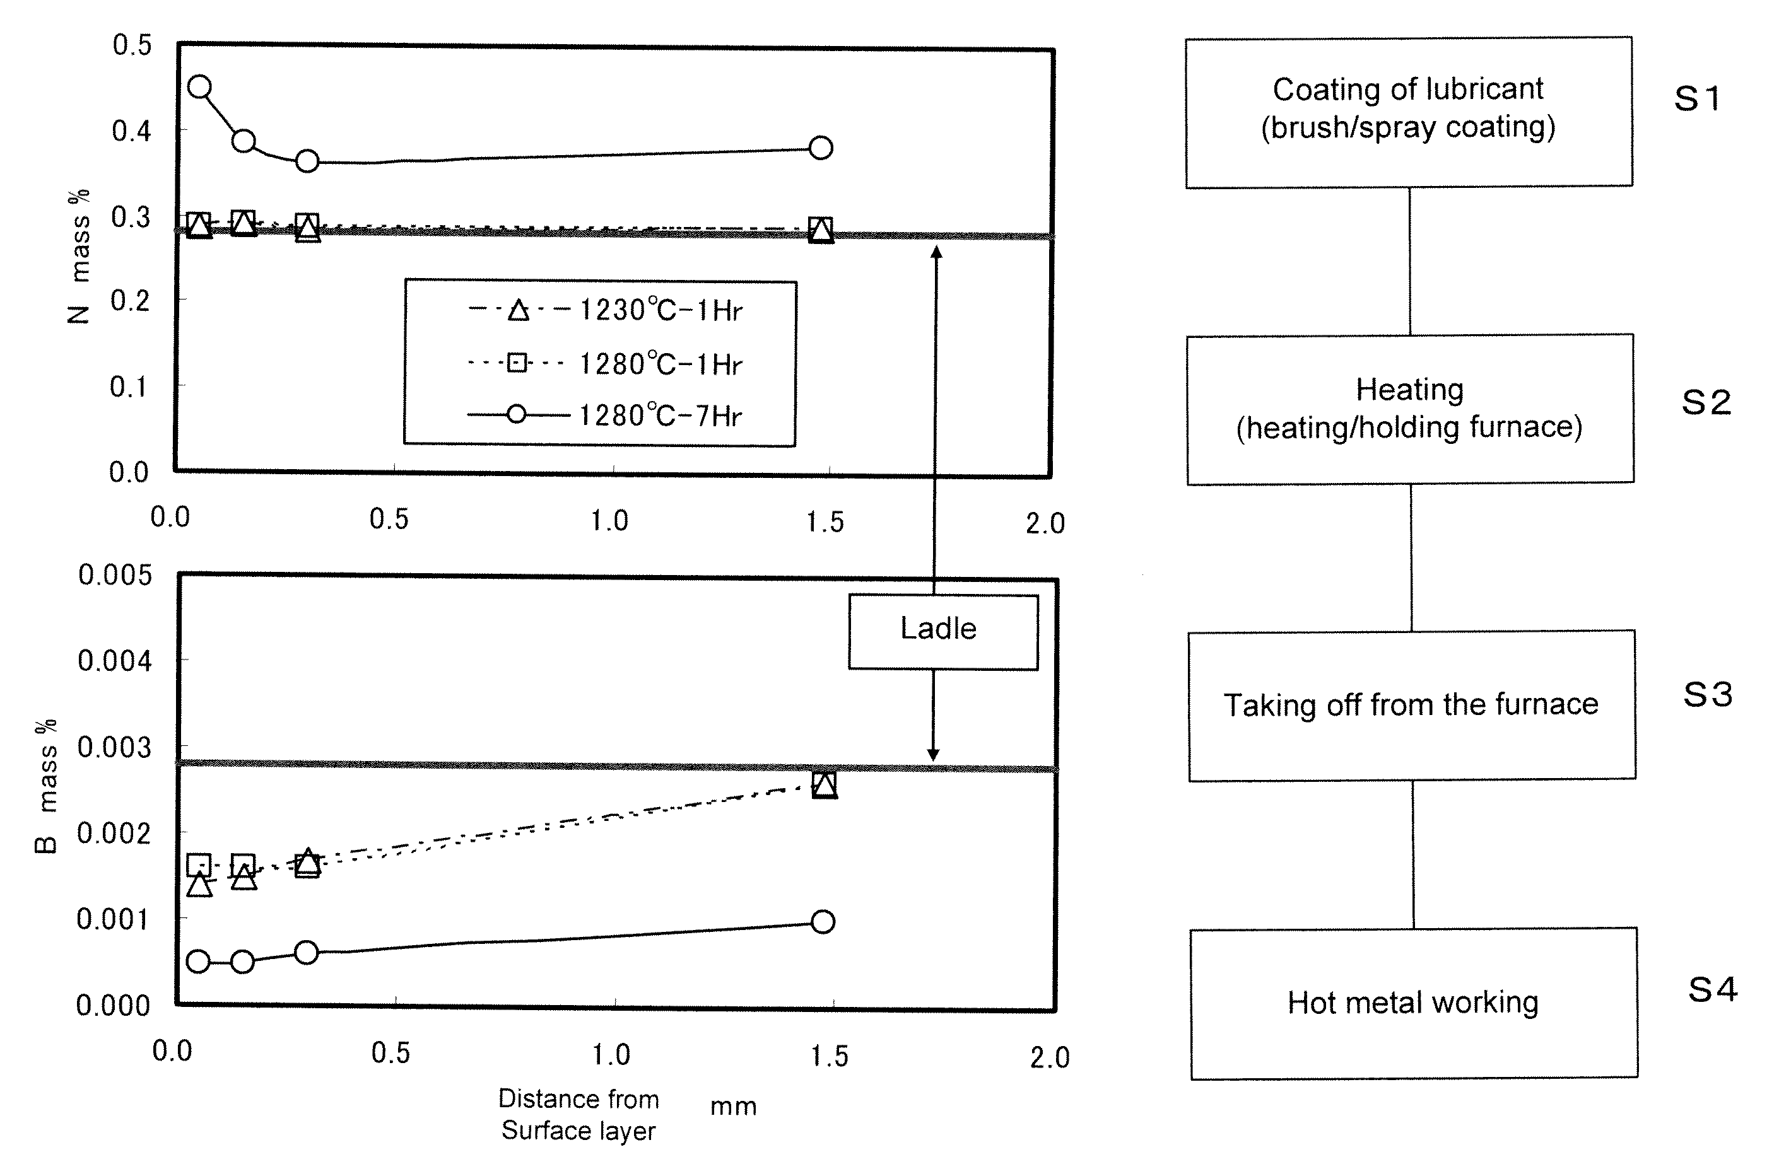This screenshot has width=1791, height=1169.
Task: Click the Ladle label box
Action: (943, 632)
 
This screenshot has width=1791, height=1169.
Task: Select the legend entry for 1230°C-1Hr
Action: (605, 310)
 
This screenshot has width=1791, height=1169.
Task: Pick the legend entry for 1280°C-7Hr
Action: (605, 416)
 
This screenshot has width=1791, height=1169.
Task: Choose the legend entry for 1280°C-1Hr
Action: (605, 364)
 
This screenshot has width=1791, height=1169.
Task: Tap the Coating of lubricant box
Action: (1409, 112)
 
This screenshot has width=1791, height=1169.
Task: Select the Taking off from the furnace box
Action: (1412, 706)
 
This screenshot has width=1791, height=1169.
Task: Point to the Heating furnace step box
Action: (1410, 409)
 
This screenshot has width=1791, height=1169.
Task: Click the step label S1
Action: (1698, 99)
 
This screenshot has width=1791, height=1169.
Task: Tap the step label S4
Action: (1713, 989)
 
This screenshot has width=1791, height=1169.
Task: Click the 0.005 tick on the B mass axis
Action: (114, 576)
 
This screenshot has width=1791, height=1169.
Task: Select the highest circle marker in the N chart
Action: (199, 86)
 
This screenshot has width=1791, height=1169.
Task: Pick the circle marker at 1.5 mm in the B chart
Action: (823, 921)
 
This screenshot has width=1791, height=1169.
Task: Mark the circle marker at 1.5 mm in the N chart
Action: (821, 148)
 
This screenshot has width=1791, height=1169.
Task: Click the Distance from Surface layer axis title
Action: (578, 1115)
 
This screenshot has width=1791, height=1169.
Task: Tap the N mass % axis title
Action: (78, 256)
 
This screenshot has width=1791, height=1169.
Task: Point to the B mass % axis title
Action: (46, 786)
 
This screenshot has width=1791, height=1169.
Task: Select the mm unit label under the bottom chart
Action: (734, 1107)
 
